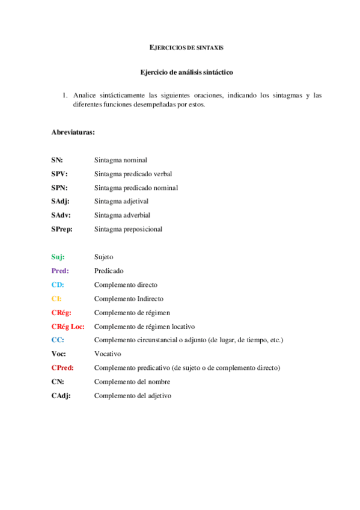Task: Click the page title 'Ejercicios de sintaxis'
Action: point(186,47)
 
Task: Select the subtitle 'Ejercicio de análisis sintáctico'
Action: point(186,72)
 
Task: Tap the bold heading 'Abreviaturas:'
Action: point(73,132)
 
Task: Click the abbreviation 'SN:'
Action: point(57,160)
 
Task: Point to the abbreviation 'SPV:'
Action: point(59,174)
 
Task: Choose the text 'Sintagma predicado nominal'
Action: point(136,188)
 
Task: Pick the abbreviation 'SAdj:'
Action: point(61,201)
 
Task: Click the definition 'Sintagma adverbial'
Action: point(122,215)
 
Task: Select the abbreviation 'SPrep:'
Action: point(63,229)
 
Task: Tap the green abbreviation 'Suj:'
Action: point(58,257)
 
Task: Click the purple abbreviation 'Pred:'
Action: point(60,271)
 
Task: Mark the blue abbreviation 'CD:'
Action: point(58,284)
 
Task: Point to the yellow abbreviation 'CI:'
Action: point(56,298)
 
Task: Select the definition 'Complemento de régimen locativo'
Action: point(144,327)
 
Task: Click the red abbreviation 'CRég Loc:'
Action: point(68,327)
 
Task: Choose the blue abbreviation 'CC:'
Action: point(58,340)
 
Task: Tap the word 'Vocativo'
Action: point(108,354)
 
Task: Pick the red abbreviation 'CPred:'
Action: point(63,368)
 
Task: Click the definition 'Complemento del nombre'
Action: point(132,382)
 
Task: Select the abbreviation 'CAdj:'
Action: point(61,396)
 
